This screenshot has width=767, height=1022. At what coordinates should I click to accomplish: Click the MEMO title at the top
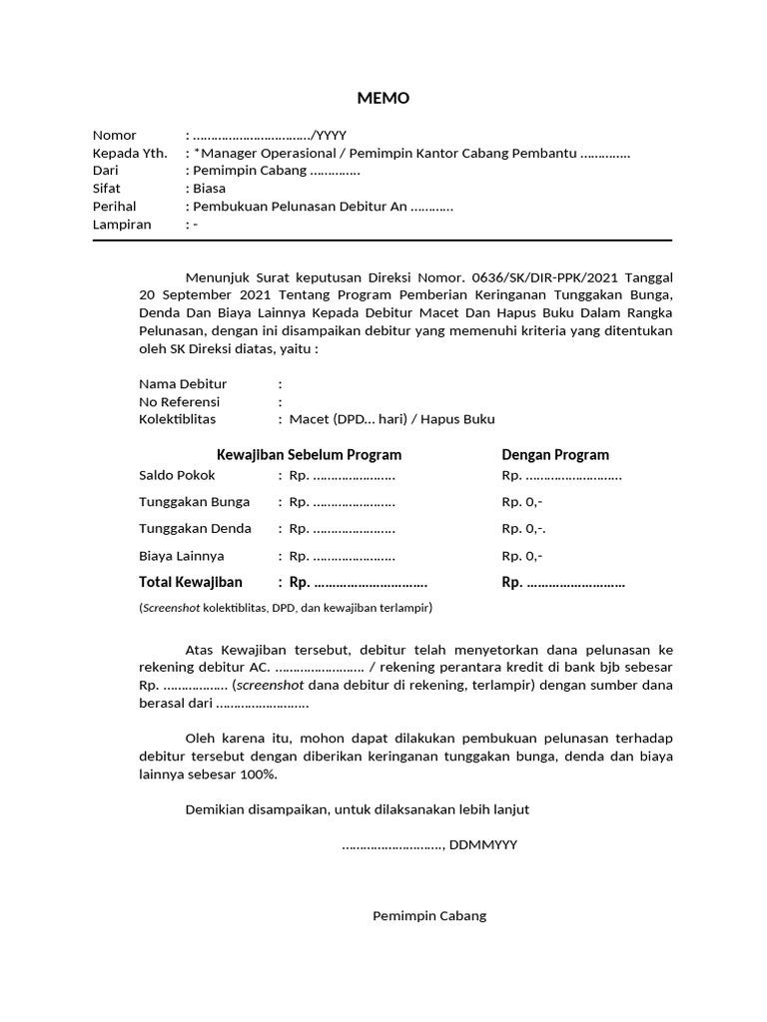point(383,98)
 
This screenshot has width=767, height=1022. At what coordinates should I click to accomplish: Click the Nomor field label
point(114,135)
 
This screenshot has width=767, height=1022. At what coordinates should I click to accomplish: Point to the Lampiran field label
point(122,225)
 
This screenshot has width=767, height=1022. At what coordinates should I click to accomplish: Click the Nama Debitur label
point(183,383)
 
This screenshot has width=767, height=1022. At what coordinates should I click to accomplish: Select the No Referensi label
point(180,401)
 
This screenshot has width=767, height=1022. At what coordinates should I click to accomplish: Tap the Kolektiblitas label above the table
point(177,419)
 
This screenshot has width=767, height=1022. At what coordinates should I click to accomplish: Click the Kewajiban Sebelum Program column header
point(309,455)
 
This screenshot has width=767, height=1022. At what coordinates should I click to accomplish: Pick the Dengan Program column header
point(555,455)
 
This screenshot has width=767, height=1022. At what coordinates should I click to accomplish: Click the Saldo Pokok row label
point(177,475)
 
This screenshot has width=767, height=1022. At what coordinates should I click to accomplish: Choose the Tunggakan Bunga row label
point(194,502)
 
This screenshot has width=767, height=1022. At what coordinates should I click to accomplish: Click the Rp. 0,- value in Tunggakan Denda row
point(523,529)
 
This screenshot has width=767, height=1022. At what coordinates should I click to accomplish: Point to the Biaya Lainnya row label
point(181,556)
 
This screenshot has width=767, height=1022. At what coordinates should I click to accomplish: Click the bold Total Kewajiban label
point(190,583)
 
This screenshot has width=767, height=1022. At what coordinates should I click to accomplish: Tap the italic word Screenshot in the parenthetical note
point(171,608)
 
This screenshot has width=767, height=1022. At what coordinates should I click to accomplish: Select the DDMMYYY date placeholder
point(483,844)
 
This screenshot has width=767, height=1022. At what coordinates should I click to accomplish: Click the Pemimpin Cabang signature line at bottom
point(429,915)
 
